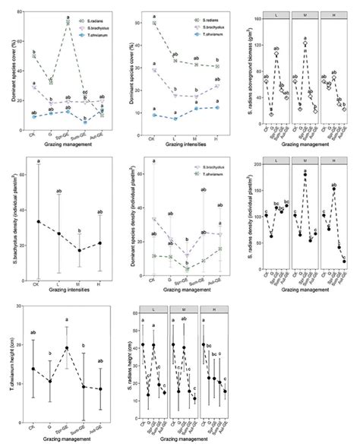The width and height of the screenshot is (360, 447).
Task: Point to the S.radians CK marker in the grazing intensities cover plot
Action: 155,24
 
